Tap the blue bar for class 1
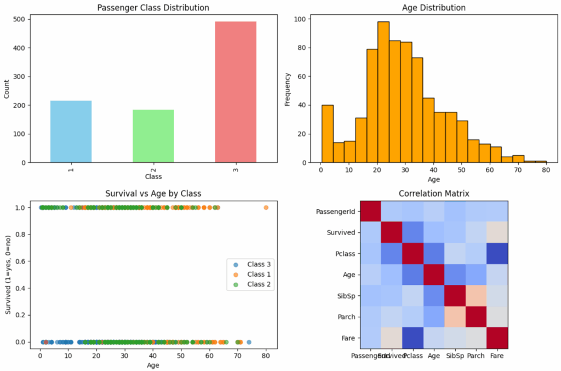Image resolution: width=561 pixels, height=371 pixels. [71, 132]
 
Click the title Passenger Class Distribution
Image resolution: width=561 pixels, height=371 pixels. [153, 8]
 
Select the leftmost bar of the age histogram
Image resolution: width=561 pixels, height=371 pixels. [327, 134]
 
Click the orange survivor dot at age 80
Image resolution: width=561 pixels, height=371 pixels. [266, 208]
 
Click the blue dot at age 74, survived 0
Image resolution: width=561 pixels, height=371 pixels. [249, 342]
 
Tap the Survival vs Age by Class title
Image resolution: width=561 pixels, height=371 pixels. [152, 193]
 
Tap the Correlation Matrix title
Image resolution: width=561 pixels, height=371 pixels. [434, 193]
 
